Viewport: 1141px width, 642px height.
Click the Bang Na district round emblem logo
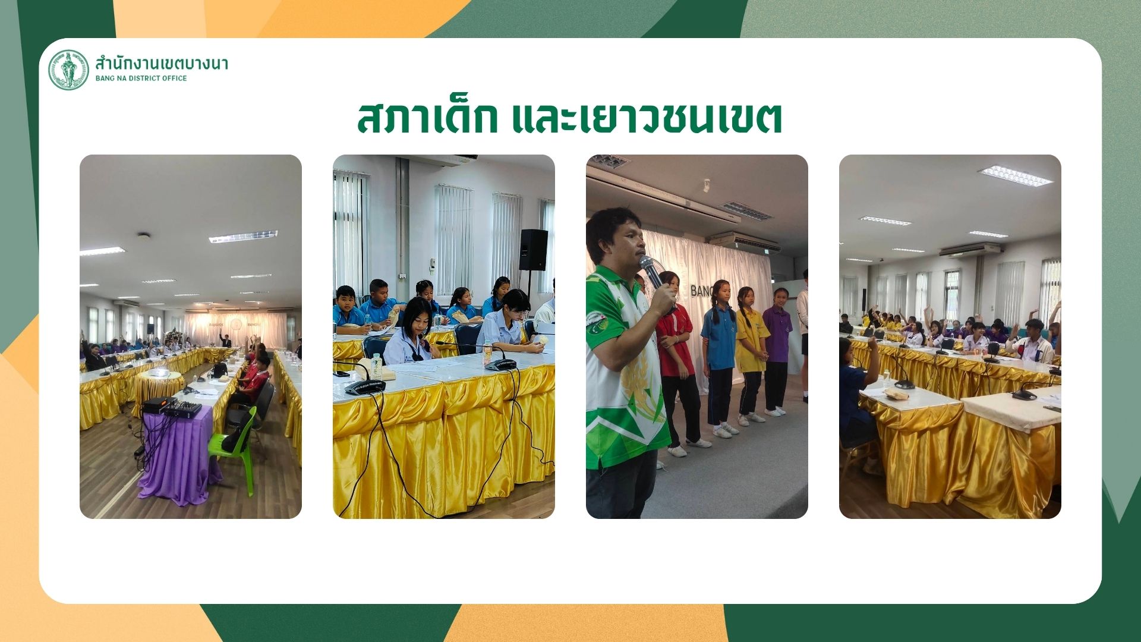coord(68,70)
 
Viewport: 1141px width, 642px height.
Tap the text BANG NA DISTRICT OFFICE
coord(141,78)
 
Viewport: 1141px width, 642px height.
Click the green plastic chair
coord(235,446)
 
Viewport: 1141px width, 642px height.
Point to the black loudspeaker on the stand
coord(533,250)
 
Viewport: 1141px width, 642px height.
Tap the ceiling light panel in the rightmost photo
coord(1015,176)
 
